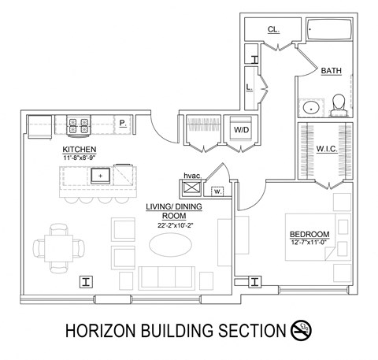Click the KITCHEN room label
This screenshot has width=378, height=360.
pyautogui.click(x=80, y=149)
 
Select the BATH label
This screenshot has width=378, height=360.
pyautogui.click(x=331, y=72)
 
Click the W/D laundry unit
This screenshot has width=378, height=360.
pyautogui.click(x=240, y=129)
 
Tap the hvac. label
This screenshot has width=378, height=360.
pyautogui.click(x=193, y=175)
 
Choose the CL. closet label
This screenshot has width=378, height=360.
pyautogui.click(x=273, y=29)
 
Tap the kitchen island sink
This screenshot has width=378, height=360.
pyautogui.click(x=101, y=174)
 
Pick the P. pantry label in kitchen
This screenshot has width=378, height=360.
pyautogui.click(x=123, y=122)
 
